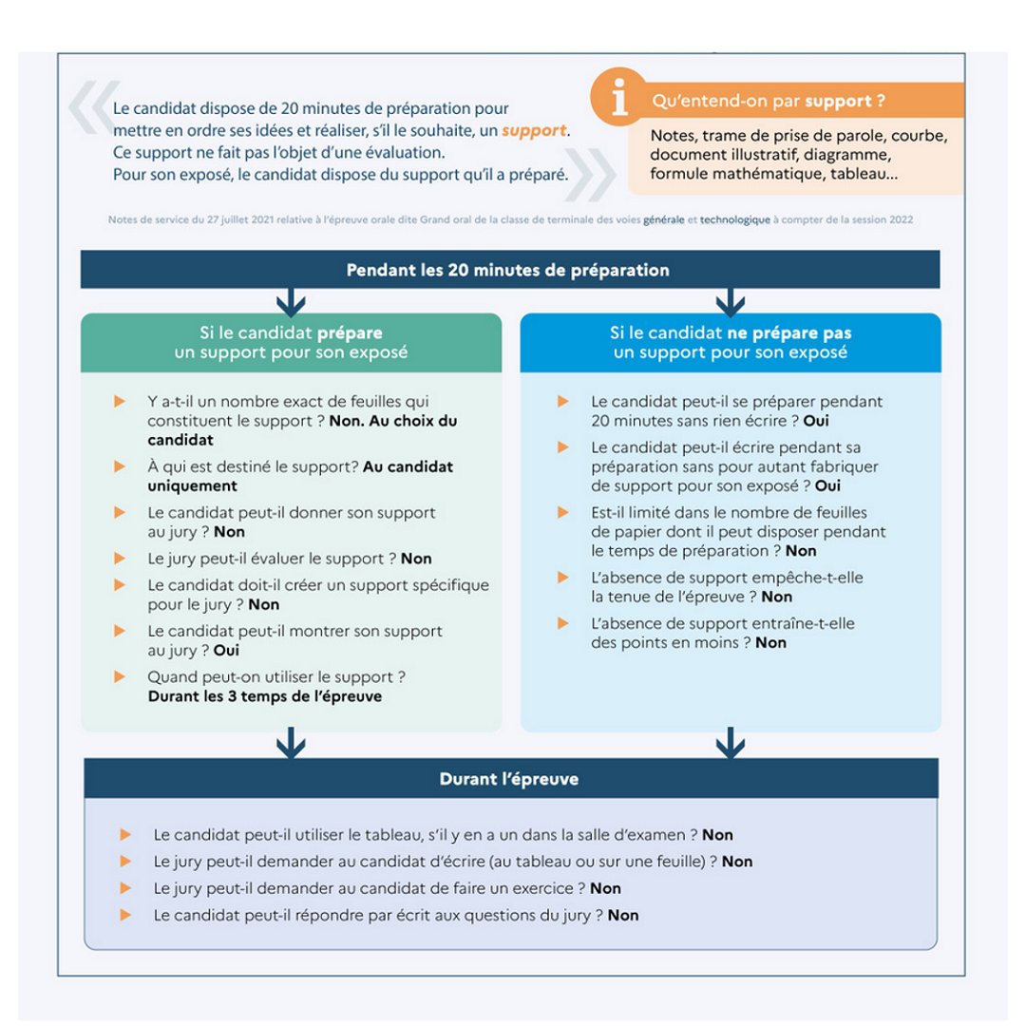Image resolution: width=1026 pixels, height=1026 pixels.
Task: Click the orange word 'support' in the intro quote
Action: [535, 130]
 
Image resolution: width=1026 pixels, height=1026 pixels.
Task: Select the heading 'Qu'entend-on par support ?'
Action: [768, 101]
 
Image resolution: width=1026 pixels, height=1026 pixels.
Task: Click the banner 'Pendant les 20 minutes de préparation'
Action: [507, 270]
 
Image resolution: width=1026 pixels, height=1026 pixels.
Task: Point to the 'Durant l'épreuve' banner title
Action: [508, 779]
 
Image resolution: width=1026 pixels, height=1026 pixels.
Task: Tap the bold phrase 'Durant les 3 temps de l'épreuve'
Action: [264, 696]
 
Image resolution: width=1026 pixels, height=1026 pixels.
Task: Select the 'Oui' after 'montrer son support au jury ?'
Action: [226, 651]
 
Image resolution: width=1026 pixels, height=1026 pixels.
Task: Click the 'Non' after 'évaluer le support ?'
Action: [416, 559]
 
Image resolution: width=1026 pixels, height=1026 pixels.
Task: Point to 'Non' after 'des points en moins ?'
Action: [770, 643]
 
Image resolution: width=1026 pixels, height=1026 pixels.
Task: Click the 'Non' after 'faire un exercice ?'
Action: [605, 888]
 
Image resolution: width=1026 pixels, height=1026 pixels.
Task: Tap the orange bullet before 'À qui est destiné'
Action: [120, 466]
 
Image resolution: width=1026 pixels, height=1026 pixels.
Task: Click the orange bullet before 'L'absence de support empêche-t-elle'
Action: [563, 577]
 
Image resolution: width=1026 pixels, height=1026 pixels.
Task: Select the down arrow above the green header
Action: [291, 303]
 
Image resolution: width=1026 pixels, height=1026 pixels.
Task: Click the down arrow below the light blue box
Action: [730, 742]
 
